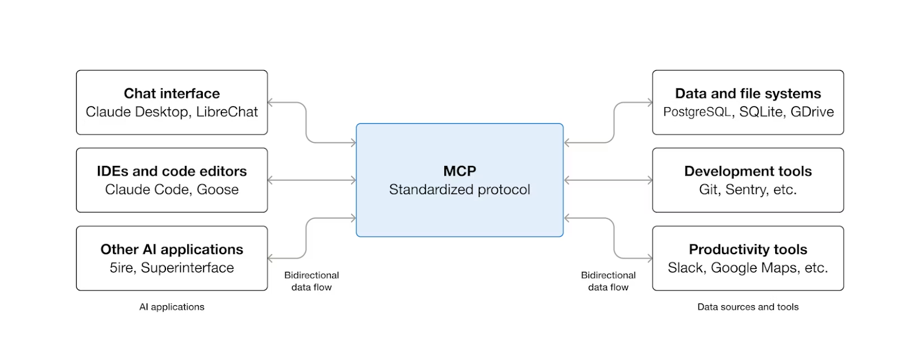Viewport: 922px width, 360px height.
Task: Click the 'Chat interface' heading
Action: pyautogui.click(x=172, y=93)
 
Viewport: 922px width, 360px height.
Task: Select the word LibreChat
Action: pyautogui.click(x=227, y=112)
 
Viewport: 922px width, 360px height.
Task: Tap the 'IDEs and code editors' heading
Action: pyautogui.click(x=172, y=171)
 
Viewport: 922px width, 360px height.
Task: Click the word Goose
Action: pyautogui.click(x=217, y=190)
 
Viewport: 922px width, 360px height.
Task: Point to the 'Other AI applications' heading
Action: pyautogui.click(x=172, y=249)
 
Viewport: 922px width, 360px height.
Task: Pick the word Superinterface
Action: pyautogui.click(x=187, y=268)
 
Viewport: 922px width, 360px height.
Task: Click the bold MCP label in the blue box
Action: pyautogui.click(x=459, y=171)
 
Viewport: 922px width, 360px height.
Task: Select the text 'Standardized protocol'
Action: pyautogui.click(x=459, y=190)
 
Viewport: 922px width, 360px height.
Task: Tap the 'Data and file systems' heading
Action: pyautogui.click(x=748, y=93)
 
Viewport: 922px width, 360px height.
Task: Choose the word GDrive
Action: pyautogui.click(x=812, y=112)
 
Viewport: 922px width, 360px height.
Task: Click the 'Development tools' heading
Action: pyautogui.click(x=748, y=171)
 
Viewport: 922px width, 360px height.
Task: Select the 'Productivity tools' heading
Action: pyautogui.click(x=748, y=249)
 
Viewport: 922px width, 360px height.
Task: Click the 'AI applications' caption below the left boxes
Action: pyautogui.click(x=172, y=307)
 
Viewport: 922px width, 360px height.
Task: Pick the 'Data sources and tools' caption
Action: pyautogui.click(x=748, y=307)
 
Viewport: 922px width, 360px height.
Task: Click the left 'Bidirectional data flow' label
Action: pyautogui.click(x=311, y=281)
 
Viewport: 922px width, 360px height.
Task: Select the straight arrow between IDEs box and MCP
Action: pyautogui.click(x=312, y=180)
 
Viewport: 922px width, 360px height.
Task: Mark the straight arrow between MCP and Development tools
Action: pyautogui.click(x=608, y=180)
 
